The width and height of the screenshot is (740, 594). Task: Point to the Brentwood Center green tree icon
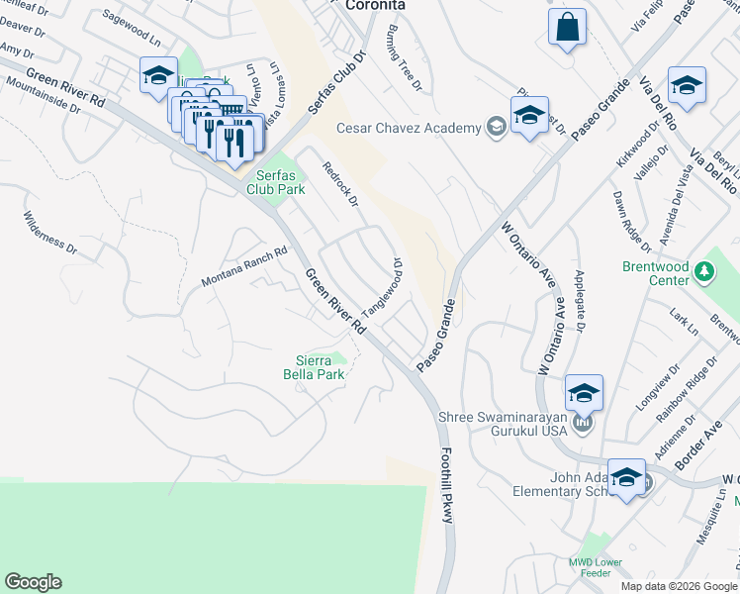tap(703, 270)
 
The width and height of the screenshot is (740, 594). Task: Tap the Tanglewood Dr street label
tap(384, 288)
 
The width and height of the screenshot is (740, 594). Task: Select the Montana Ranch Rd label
tap(243, 267)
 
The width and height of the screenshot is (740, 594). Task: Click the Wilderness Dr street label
tap(48, 231)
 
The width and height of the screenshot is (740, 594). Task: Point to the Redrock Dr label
tap(339, 185)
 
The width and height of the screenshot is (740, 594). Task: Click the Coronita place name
tap(376, 5)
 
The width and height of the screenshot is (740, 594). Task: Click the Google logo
tap(33, 582)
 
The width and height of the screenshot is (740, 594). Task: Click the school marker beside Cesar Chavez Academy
tap(529, 117)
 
